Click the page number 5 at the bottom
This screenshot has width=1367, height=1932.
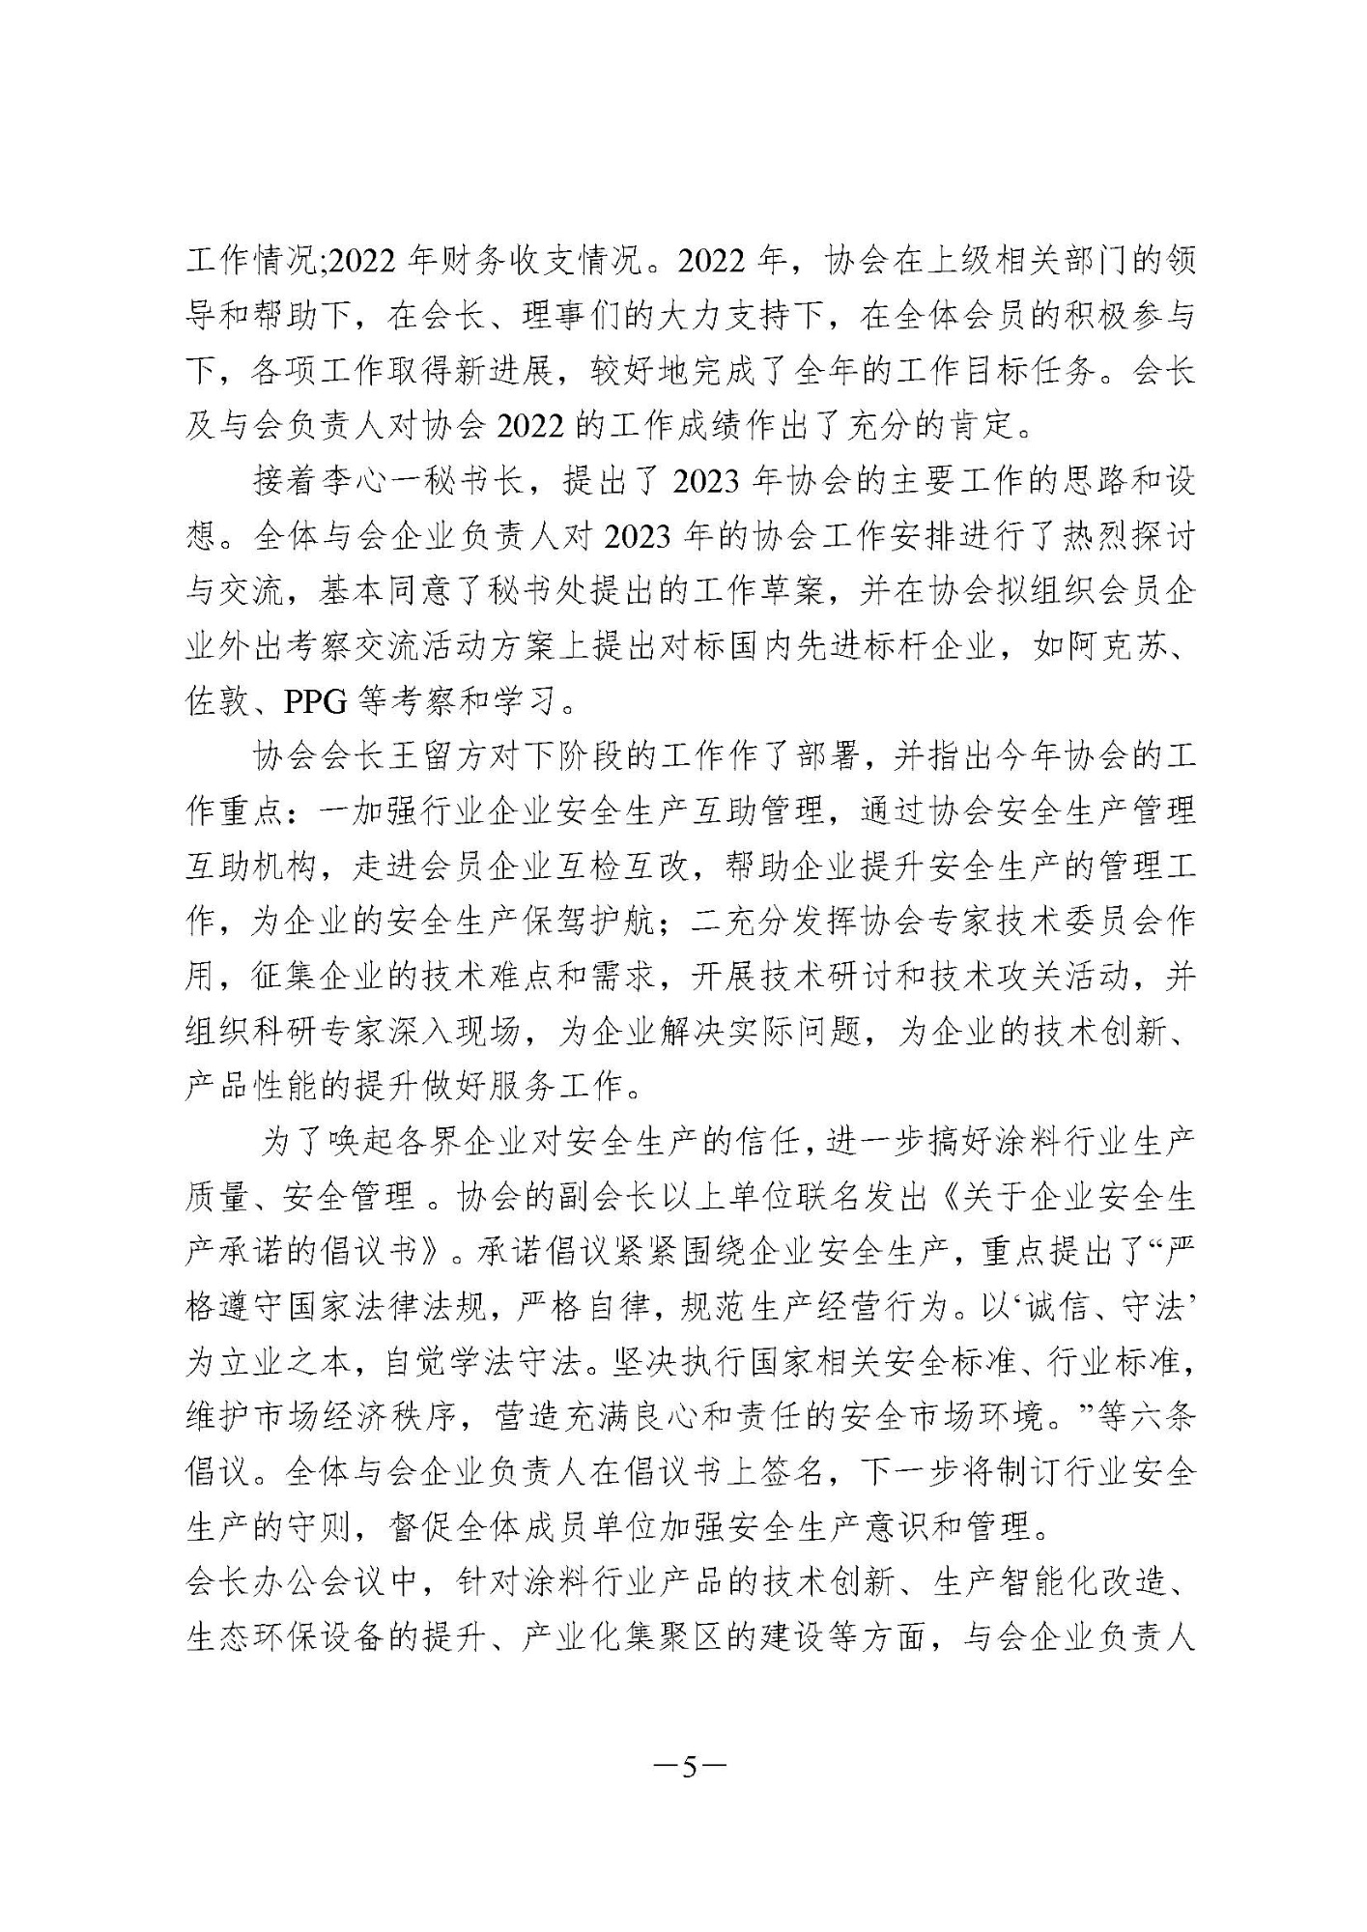[x=689, y=1766]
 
